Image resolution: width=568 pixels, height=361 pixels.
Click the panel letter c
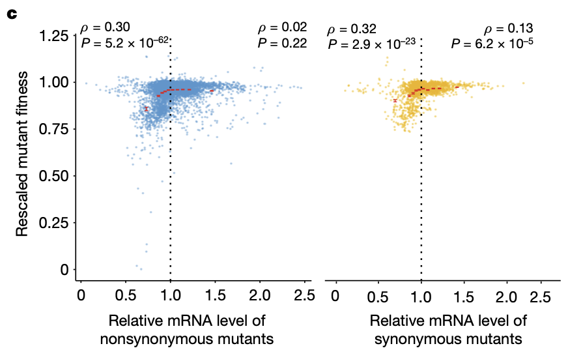(x=10, y=13)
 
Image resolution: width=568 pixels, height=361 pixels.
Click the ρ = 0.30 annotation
(x=106, y=27)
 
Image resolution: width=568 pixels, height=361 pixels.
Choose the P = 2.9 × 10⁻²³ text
(x=371, y=44)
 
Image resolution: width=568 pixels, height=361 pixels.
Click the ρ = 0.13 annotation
(x=508, y=29)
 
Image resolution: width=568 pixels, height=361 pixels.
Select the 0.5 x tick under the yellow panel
(x=378, y=296)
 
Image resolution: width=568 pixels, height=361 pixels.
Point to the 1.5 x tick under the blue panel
(x=216, y=296)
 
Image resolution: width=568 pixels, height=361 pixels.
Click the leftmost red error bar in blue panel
(x=147, y=108)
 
